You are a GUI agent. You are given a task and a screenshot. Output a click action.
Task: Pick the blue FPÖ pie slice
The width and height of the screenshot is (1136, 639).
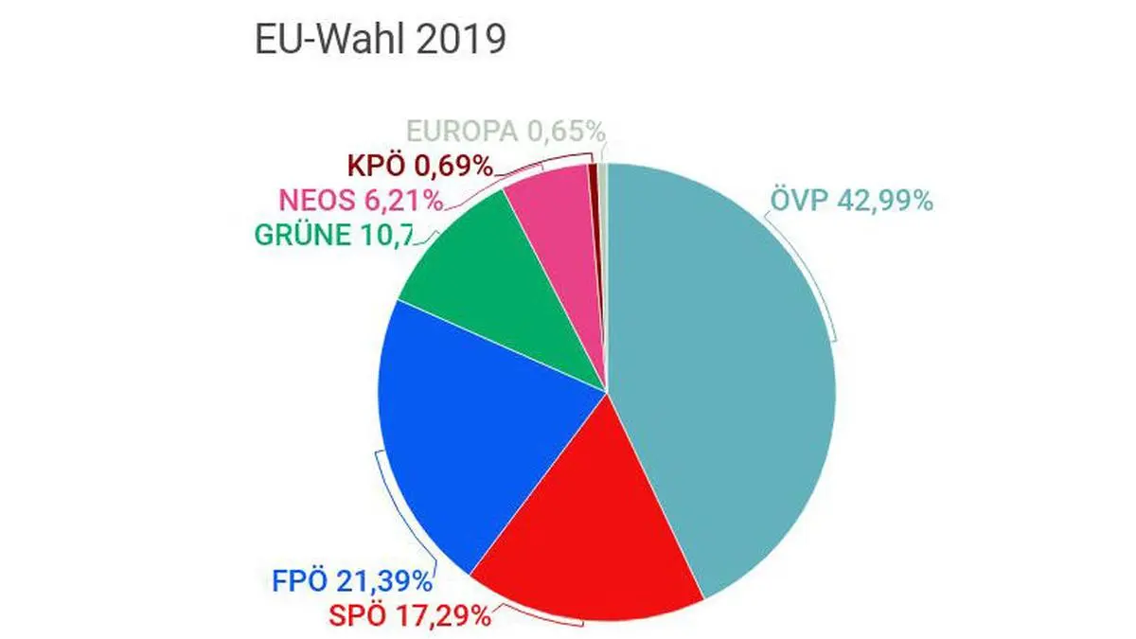[473, 426]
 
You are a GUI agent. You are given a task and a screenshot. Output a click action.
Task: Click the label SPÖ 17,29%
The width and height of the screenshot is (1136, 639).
[409, 616]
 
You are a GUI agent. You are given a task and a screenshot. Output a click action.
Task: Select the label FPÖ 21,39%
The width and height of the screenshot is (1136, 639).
[349, 579]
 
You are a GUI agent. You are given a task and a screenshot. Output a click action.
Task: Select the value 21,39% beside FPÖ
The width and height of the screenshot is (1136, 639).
[389, 579]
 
